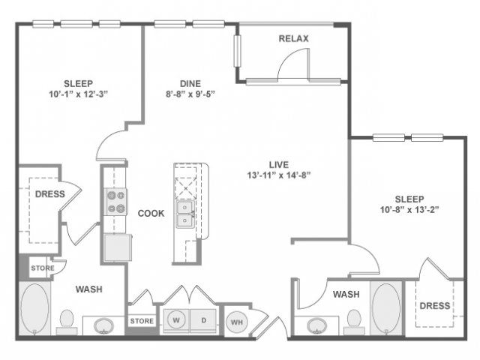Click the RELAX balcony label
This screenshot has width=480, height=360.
point(293,38)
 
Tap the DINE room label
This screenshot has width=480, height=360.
point(190,83)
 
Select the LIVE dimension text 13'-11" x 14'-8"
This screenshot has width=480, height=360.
point(279,175)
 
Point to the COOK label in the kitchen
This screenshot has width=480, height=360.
point(151,213)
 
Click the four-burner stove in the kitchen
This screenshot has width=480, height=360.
point(116,202)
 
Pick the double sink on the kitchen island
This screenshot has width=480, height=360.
point(185,214)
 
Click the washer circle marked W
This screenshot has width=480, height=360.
point(176,320)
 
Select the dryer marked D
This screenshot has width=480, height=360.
point(203,320)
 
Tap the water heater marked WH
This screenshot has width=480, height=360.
point(237,322)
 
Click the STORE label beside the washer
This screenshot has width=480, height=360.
point(142,321)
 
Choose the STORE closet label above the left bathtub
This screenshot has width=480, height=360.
point(43,268)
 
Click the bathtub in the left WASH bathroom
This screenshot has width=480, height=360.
point(34,308)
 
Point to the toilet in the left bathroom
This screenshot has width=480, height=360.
point(67,322)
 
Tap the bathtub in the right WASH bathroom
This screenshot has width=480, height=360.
point(386,308)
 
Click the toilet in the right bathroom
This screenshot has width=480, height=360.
point(354,322)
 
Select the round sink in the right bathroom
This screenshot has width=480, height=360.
point(316,326)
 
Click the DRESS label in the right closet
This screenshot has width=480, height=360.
point(435,305)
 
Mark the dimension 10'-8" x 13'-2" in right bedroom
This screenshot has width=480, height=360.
point(409,210)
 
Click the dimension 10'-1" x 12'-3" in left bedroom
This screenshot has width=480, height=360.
point(78,94)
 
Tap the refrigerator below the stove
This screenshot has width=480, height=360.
point(118,247)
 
